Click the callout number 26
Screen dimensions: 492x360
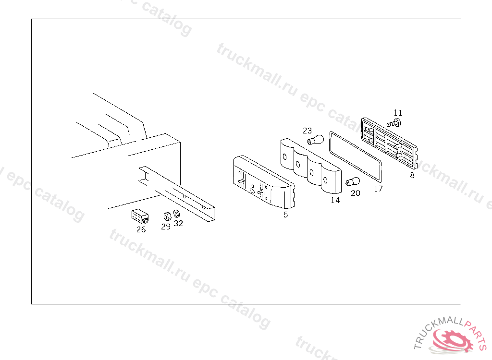[x=141, y=229]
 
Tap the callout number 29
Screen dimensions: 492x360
[x=166, y=226]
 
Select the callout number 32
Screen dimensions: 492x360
[x=178, y=223]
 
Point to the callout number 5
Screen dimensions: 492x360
[x=286, y=215]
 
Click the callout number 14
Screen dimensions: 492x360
[x=335, y=200]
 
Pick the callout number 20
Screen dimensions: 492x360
[x=355, y=193]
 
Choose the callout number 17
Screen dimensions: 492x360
[x=378, y=189]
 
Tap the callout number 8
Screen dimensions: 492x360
[x=412, y=175]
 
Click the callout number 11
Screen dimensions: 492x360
[x=397, y=113]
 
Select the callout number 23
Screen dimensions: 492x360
[x=307, y=131]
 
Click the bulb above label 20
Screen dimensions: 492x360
[x=352, y=182]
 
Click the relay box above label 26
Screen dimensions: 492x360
[x=139, y=216]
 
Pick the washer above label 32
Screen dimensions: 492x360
[x=177, y=213]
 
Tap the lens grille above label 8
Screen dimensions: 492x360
[x=391, y=142]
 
